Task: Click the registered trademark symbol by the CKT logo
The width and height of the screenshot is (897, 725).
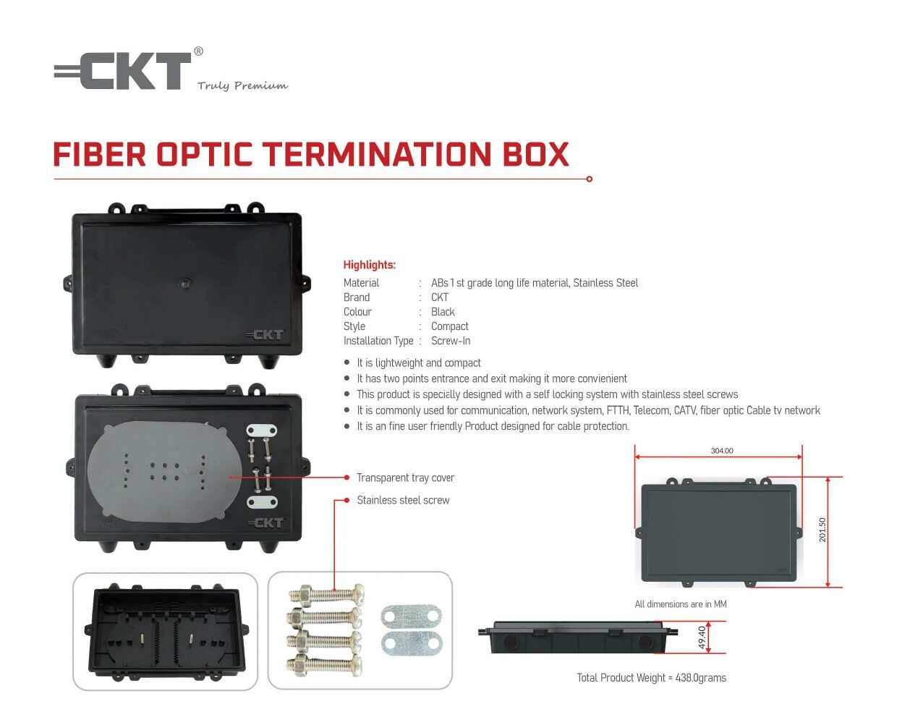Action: tap(198, 51)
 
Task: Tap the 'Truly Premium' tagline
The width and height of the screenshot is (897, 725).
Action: tap(242, 85)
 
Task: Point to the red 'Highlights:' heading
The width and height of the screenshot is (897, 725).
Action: tap(370, 265)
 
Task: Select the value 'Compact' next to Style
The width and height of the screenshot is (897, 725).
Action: tap(449, 326)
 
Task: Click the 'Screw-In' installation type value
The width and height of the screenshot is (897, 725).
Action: tap(451, 340)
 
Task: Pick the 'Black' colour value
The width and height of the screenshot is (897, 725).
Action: tap(443, 312)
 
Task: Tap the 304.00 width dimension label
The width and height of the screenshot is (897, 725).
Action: tap(722, 450)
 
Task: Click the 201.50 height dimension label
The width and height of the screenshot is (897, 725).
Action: tap(822, 530)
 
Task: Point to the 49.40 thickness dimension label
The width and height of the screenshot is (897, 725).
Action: tap(702, 637)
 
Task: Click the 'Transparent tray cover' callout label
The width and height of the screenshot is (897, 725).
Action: tap(405, 478)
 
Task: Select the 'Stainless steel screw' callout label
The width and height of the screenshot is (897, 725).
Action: tap(403, 500)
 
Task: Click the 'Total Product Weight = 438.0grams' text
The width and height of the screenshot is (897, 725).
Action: tap(651, 677)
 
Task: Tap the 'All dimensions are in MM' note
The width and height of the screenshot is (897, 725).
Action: tap(680, 603)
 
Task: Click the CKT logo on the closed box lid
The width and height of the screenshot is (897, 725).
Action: tap(265, 335)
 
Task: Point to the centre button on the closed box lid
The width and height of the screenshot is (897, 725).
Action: tap(184, 284)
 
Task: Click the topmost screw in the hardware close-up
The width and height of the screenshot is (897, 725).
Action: tap(326, 595)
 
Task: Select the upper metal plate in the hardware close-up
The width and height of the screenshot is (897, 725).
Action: tap(411, 616)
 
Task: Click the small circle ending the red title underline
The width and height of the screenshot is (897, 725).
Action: tap(589, 179)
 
